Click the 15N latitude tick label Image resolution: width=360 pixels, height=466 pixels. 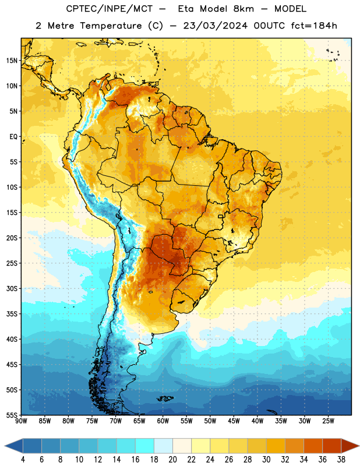(x=12, y=61)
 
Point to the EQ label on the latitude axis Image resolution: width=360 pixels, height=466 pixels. (x=13, y=137)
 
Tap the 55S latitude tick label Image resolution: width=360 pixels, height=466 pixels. (x=12, y=415)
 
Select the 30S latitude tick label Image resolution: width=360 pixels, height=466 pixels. (x=12, y=288)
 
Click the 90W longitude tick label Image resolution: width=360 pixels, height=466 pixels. (x=21, y=421)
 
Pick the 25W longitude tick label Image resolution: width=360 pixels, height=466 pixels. (x=328, y=421)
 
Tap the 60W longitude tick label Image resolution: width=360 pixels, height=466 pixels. (x=163, y=421)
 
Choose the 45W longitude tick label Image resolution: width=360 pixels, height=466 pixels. (x=234, y=421)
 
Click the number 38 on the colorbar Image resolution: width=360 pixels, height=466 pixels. (x=341, y=460)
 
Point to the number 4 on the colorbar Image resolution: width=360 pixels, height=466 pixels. (x=23, y=460)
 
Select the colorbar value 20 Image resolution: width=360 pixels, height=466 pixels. (x=172, y=460)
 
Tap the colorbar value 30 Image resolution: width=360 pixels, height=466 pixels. (x=266, y=460)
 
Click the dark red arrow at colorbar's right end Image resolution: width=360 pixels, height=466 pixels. (x=350, y=446)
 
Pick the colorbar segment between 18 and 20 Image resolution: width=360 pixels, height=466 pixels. (x=163, y=446)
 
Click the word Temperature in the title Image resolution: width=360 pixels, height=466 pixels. (x=111, y=26)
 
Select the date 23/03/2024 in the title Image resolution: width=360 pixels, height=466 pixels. (x=215, y=26)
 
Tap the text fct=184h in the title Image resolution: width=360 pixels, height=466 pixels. (x=314, y=26)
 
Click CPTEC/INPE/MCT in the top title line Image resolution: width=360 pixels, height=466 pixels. (x=109, y=9)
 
